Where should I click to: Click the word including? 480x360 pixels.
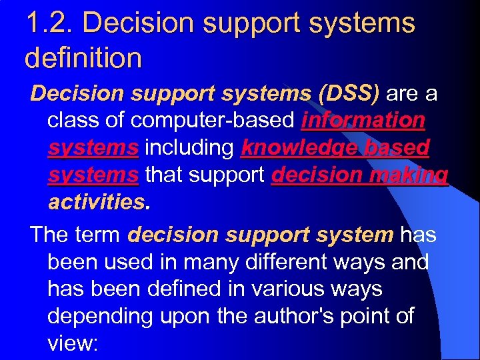(x=189, y=147)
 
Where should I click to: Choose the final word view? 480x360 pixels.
(x=73, y=343)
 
